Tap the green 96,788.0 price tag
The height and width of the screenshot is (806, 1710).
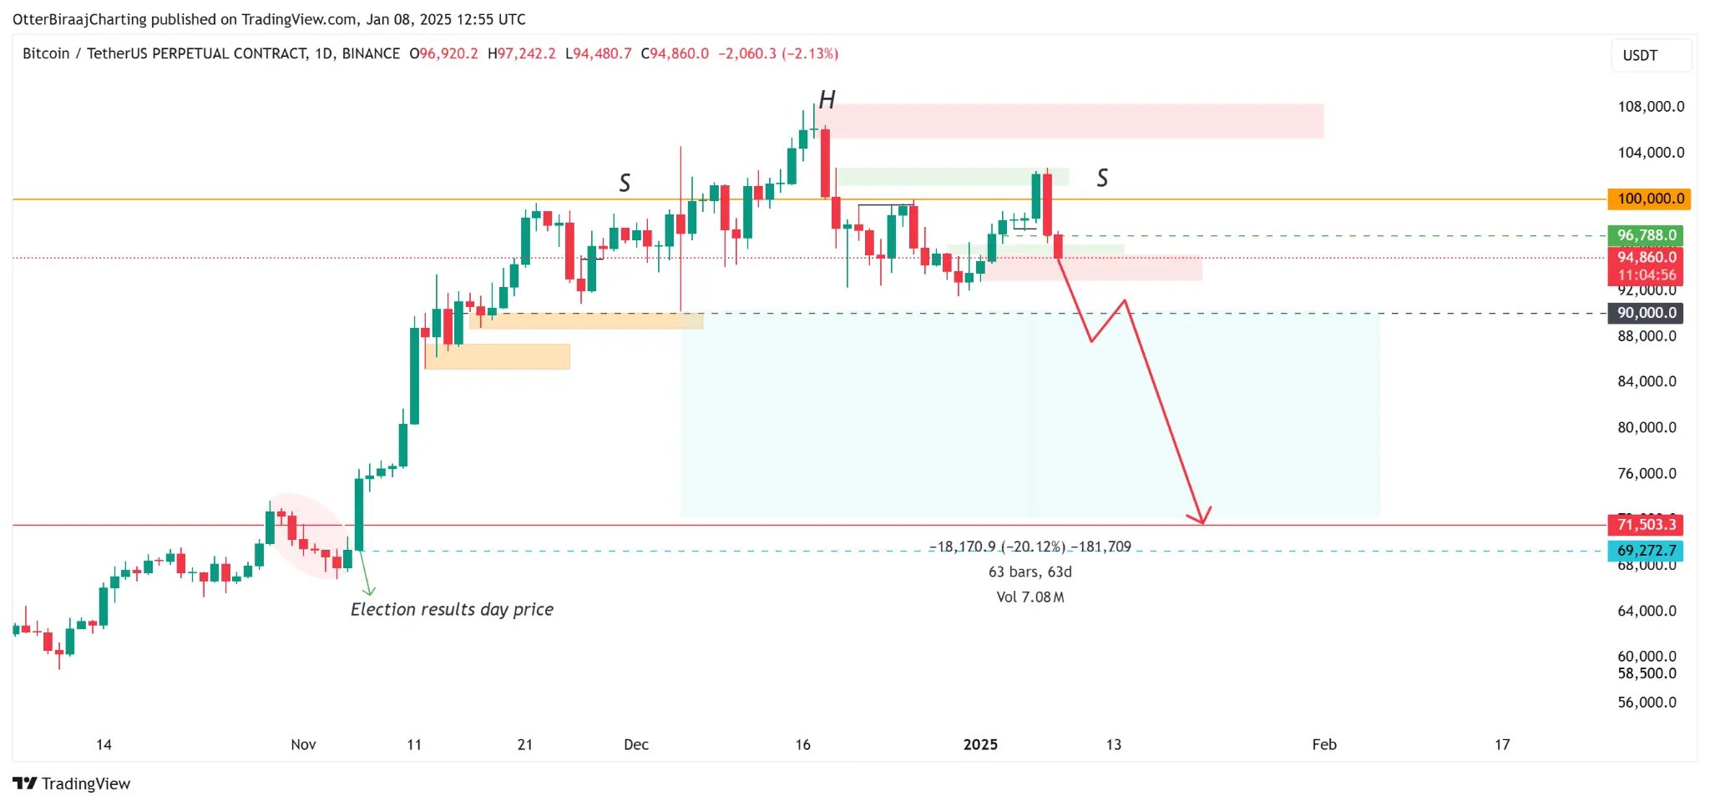[1646, 235]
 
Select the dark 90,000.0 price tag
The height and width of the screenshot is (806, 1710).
[1646, 313]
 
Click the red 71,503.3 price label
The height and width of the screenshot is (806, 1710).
[1646, 524]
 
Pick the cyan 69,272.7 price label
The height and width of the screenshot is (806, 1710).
[1646, 551]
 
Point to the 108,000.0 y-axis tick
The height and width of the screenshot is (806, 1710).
[1650, 107]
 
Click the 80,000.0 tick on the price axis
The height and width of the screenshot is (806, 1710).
[1647, 427]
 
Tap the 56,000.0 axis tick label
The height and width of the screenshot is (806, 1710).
[1647, 703]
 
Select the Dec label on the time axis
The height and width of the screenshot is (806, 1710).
[636, 744]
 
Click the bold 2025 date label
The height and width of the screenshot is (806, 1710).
[980, 744]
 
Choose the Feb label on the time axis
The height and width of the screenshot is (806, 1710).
[1324, 744]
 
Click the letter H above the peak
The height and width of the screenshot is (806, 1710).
[827, 100]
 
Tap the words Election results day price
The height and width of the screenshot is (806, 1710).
[452, 609]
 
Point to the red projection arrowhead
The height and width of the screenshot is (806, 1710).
[1202, 519]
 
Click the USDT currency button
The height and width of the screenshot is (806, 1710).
[1640, 55]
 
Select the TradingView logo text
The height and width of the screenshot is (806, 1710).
[85, 783]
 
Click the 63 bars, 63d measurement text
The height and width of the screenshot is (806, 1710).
[1030, 572]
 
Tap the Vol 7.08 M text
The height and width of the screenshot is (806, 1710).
[1030, 597]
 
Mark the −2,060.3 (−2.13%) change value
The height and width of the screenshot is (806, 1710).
[777, 53]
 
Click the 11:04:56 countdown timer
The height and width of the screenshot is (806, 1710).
[1646, 275]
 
